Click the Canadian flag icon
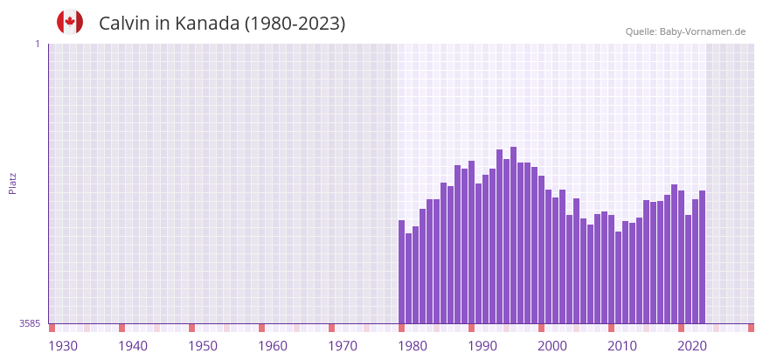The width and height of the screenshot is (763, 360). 70,22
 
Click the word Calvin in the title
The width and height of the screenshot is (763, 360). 124,24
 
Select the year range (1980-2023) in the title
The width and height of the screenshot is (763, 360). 295,24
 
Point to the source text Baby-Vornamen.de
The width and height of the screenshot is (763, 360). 703,31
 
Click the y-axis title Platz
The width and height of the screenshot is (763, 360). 12,183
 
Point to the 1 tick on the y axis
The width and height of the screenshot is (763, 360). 37,44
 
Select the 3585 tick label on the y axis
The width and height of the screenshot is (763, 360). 30,323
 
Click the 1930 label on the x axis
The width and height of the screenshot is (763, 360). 63,346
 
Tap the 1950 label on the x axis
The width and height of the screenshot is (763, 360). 203,346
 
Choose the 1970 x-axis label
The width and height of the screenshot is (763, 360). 343,346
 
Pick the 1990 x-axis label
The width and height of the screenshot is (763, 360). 482,346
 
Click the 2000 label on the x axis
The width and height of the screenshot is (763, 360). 552,346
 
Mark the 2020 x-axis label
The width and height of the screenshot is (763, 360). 692,346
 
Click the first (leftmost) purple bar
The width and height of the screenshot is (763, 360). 401,272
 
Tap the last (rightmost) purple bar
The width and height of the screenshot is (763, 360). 702,257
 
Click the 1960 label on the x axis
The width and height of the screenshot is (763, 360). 273,346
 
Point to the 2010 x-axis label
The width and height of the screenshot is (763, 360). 622,346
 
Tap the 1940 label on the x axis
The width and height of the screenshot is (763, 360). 133,346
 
